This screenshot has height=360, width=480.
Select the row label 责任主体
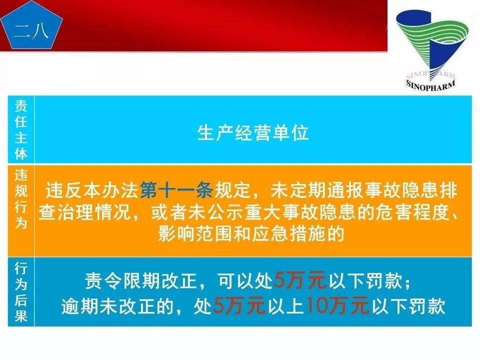(x=21, y=129)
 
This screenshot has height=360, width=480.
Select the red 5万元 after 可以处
(x=300, y=282)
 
